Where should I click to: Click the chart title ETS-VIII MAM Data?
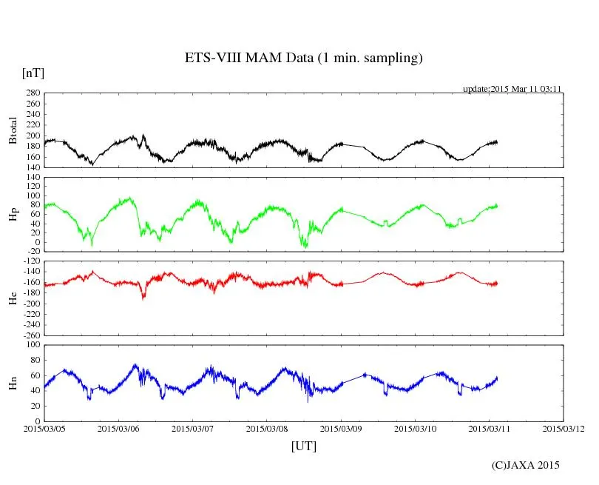coord(303,58)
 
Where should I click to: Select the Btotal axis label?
coord(13,130)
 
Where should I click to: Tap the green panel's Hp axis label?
coord(13,214)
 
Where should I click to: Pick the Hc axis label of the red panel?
coord(13,298)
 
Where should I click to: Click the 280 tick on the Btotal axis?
coord(32,93)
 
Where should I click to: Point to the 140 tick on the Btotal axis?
coord(32,167)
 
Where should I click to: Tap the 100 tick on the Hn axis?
coord(32,345)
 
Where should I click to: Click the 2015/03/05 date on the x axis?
coord(44,429)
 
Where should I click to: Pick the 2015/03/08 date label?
coord(267,429)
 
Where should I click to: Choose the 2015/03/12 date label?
coord(564,429)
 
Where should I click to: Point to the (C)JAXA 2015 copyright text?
coord(526,465)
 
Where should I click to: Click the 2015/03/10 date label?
coord(416,429)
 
